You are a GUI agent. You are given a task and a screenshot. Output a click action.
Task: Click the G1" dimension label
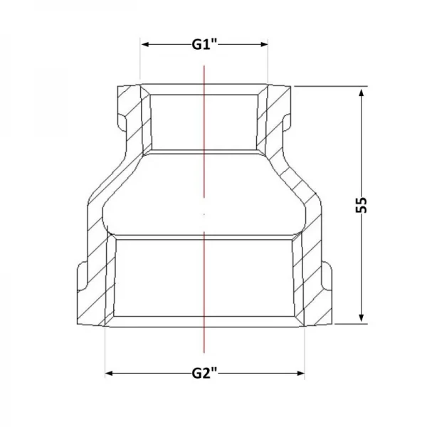pyautogui.click(x=204, y=44)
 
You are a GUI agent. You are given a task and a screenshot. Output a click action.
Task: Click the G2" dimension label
pyautogui.click(x=204, y=373)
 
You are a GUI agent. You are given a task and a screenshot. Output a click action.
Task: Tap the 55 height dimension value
pyautogui.click(x=362, y=204)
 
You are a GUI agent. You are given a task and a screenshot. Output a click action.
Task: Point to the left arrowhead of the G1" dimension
pyautogui.click(x=145, y=44)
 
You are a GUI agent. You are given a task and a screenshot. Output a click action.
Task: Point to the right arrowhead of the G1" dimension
pyautogui.click(x=264, y=44)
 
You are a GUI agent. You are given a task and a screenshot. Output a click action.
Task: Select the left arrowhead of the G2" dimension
pyautogui.click(x=110, y=373)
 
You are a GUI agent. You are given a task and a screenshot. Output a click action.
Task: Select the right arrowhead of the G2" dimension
pyautogui.click(x=300, y=373)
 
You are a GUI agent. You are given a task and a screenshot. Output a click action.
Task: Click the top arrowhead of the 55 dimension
pyautogui.click(x=362, y=93)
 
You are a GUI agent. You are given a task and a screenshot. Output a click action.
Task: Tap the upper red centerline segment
pyautogui.click(x=204, y=131)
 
